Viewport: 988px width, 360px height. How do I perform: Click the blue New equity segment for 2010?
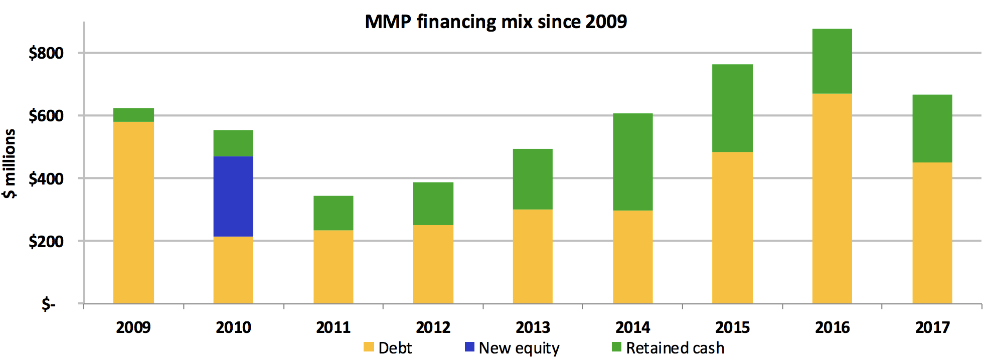pos(233,196)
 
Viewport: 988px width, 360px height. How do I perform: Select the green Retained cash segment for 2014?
pos(633,161)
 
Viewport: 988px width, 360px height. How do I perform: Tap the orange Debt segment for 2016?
pos(832,198)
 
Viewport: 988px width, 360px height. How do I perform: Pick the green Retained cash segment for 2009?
pos(133,115)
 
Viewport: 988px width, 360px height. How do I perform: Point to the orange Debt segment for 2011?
pos(334,267)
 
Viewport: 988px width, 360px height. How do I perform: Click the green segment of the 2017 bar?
pos(932,128)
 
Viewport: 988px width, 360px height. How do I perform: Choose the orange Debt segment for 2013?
pos(533,256)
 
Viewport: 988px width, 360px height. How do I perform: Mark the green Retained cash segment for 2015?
pos(733,108)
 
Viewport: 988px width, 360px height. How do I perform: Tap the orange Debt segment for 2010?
pos(233,270)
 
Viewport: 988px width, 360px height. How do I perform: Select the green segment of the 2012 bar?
pos(433,204)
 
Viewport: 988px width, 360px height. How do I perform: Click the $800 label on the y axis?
pos(46,53)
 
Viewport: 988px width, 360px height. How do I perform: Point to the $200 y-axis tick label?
pos(46,241)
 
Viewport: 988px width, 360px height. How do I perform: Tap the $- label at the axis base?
pos(49,304)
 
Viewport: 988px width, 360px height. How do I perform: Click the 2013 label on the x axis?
pos(533,327)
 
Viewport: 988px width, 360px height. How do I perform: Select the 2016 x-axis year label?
pos(832,327)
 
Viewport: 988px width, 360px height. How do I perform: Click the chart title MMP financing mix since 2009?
pos(496,22)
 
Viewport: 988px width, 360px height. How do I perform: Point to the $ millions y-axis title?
pos(10,163)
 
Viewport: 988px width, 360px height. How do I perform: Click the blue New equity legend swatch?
pos(469,347)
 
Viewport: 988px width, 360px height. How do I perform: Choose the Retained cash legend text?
pos(675,347)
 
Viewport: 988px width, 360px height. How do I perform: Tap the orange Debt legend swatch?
pos(369,347)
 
